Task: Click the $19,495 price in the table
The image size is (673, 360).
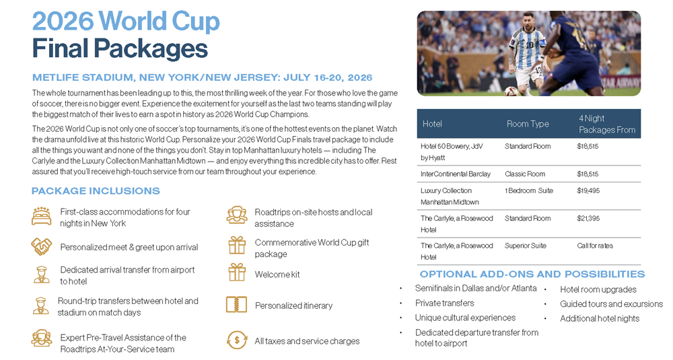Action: click(588, 190)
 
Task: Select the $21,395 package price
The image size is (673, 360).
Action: click(588, 219)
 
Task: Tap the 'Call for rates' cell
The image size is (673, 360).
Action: click(595, 246)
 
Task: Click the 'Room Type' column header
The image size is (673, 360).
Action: click(528, 124)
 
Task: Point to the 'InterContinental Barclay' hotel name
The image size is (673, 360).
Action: click(456, 174)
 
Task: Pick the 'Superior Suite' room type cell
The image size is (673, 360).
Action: click(526, 246)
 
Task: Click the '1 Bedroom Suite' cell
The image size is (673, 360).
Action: click(529, 190)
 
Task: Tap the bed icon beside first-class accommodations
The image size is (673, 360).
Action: click(41, 216)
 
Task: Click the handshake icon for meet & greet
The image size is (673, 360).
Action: click(42, 247)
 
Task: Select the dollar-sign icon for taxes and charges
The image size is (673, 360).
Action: click(236, 340)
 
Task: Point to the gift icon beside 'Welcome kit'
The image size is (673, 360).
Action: click(237, 273)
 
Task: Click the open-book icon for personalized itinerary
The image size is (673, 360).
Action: click(236, 305)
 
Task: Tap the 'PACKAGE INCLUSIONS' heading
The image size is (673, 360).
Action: click(96, 191)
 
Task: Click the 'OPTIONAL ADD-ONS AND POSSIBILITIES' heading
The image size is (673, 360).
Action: click(532, 274)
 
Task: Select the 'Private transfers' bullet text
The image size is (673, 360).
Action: click(444, 303)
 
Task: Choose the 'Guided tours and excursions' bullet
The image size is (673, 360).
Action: click(611, 304)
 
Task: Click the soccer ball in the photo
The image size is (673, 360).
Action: click(510, 92)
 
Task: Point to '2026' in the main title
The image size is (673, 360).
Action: click(63, 22)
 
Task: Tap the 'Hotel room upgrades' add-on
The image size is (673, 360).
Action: click(598, 289)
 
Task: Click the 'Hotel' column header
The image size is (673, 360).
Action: click(432, 124)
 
